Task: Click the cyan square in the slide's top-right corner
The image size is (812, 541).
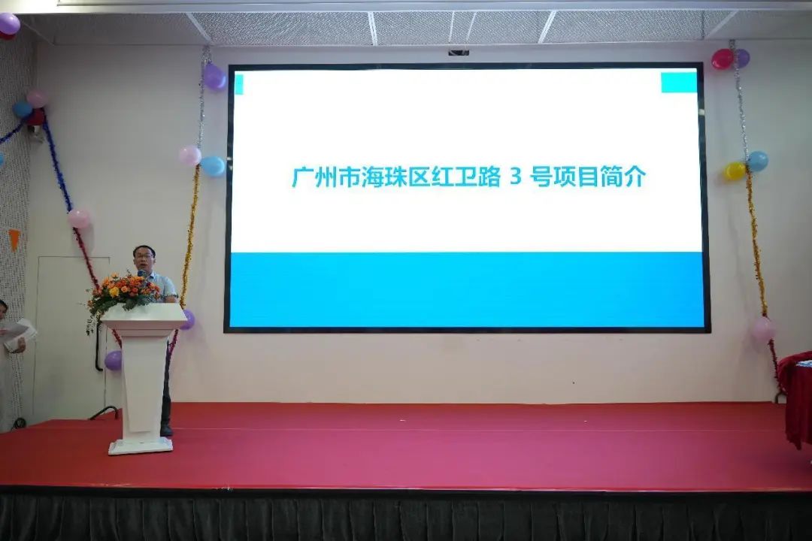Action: click(x=678, y=83)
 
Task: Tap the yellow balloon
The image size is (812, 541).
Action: click(x=735, y=171)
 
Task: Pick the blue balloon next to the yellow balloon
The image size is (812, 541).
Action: click(x=757, y=161)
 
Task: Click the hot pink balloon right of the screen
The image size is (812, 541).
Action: click(x=722, y=59)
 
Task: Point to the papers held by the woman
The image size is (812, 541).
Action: click(x=18, y=333)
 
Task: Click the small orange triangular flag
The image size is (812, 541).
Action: click(x=14, y=238)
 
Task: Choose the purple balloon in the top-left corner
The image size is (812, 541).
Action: click(x=8, y=24)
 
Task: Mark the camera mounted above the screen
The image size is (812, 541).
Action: click(x=459, y=53)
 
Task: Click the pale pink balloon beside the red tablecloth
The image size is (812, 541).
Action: click(x=763, y=329)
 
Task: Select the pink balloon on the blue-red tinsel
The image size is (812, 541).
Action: click(x=78, y=219)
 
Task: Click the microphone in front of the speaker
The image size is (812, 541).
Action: click(x=141, y=274)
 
